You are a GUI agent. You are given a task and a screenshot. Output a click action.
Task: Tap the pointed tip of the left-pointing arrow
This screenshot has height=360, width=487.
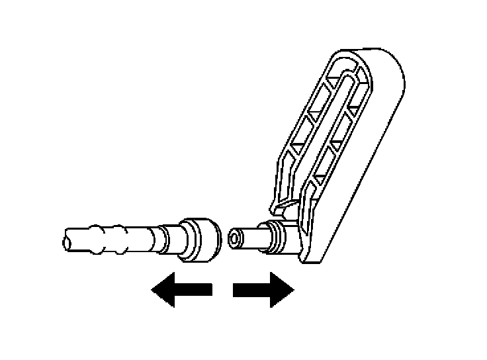click(x=153, y=289)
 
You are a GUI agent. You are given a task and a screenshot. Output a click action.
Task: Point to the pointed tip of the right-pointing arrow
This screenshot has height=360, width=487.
click(x=292, y=289)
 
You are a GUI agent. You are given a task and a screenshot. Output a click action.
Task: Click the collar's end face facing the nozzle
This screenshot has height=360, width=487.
click(x=213, y=239)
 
